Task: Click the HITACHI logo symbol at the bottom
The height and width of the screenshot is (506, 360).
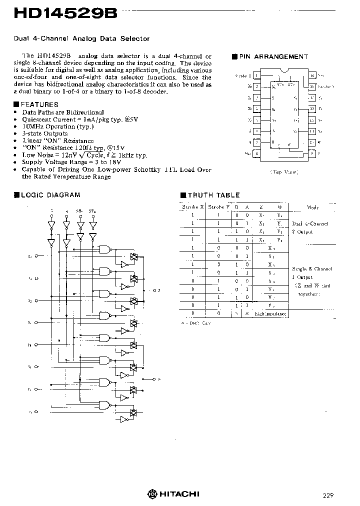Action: point(152,494)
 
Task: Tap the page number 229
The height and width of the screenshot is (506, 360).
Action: point(328,495)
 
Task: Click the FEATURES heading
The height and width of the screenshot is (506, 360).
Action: point(39,104)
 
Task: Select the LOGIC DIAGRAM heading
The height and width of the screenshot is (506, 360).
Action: point(49,195)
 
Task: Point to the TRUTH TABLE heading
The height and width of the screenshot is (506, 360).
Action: point(213,195)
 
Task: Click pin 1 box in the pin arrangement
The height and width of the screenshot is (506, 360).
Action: point(256,76)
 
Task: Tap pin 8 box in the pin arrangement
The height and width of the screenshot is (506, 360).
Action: point(256,153)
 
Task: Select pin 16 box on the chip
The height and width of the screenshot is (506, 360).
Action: point(312,76)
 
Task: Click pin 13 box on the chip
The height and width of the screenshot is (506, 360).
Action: point(312,109)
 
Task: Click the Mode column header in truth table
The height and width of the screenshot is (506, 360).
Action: point(313,207)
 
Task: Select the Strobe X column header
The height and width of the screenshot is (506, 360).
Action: point(192,207)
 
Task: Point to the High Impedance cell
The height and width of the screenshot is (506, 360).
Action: point(270,313)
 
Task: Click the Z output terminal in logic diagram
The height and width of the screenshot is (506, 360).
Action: point(153,290)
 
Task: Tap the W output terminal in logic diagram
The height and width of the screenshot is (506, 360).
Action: point(153,378)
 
